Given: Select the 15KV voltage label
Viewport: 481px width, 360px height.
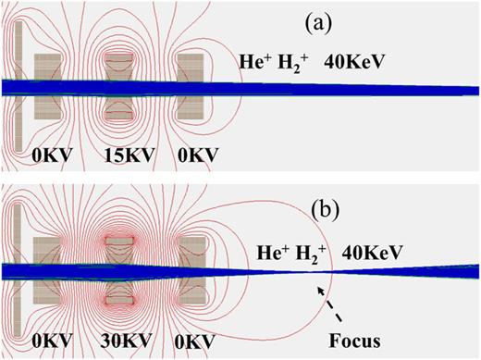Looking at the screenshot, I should coord(125,151).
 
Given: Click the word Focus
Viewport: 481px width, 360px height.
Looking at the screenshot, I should coord(355,333).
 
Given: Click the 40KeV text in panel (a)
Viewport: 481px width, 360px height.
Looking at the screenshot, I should coord(354,63).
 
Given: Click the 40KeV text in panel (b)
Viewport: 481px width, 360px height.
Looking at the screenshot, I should coord(362,248).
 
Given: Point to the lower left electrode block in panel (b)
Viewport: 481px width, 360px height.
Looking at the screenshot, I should coord(49,292).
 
